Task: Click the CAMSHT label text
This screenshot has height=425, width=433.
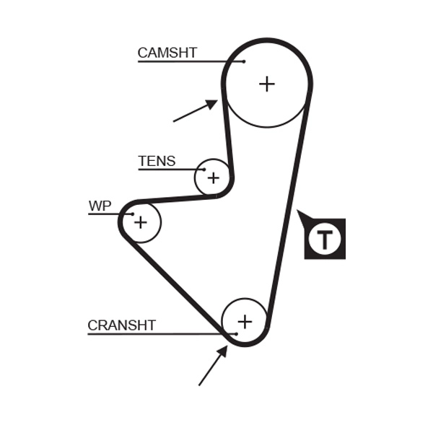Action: [x=167, y=53]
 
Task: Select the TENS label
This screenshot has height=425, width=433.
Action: [x=157, y=162]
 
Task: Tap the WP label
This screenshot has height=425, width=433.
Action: [x=100, y=206]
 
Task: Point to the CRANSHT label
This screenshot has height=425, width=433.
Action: [x=121, y=325]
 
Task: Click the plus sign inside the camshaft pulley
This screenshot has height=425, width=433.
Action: [x=267, y=84]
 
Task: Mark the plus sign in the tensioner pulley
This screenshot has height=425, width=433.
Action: [x=213, y=177]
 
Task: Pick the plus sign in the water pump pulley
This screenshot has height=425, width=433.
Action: [x=140, y=222]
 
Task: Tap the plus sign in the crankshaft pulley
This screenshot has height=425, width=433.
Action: [x=245, y=321]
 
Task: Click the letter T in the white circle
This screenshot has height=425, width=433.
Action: [x=325, y=239]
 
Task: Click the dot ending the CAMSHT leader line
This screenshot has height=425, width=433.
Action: [x=244, y=61]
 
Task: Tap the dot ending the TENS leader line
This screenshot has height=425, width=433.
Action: [x=204, y=170]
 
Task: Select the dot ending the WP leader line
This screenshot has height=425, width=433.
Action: [x=131, y=214]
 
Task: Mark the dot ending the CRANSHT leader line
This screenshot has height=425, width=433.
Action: [x=235, y=334]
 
